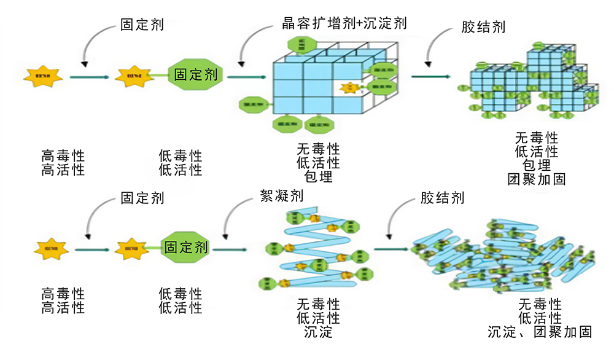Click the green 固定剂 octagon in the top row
pos(196,75)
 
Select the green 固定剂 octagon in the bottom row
pos(186,248)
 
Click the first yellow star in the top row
pos(43,76)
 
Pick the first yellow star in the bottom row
pos(52,249)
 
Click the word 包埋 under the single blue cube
pos(318,177)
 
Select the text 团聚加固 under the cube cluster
pos(537,179)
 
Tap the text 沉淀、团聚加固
pos(540,332)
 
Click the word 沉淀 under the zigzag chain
pos(318,332)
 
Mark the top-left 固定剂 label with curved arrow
pos(142,26)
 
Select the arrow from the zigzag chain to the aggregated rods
pos(391,249)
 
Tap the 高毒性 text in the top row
pos(63,155)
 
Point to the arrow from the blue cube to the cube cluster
pos(430,76)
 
